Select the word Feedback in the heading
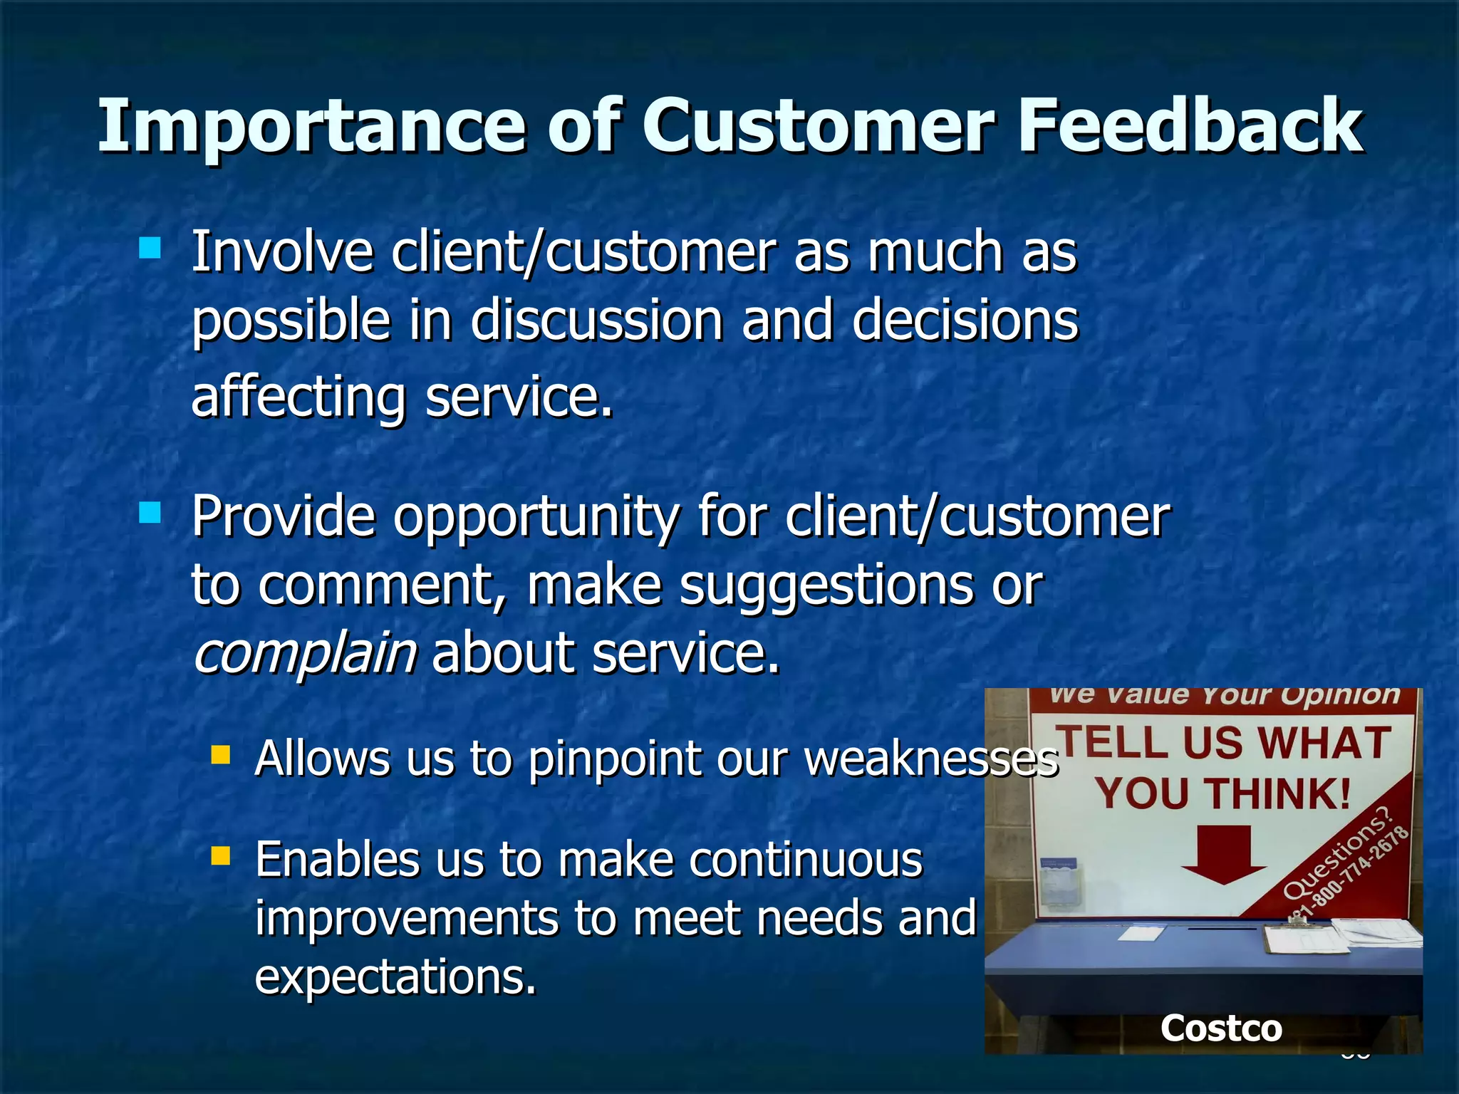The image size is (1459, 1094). coord(1190,127)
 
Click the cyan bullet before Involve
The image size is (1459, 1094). coord(150,248)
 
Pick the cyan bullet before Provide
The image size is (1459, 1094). coord(150,512)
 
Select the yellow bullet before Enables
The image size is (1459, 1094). coord(221,855)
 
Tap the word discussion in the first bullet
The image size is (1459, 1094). coord(597,321)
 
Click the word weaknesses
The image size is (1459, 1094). coord(930,759)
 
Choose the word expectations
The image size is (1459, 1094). coord(395,976)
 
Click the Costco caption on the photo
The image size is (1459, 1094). coord(1221,1028)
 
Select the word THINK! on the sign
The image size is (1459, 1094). coord(1279,793)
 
